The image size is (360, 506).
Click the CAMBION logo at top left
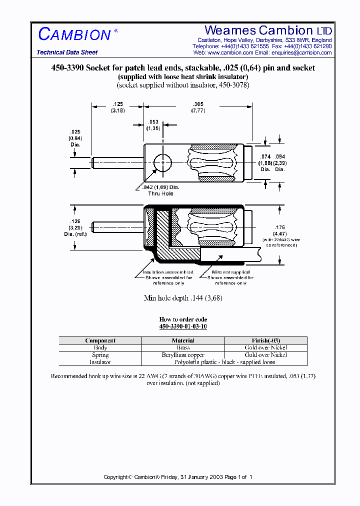(x=75, y=34)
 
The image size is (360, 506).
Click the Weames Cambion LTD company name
(x=268, y=30)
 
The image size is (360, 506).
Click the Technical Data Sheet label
(x=67, y=52)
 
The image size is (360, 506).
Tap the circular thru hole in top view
(x=162, y=163)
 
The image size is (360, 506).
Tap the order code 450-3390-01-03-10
(x=183, y=326)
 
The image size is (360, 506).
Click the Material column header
(x=183, y=340)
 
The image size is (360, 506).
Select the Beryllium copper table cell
(x=183, y=354)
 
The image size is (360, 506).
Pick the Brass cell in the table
(x=183, y=347)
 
